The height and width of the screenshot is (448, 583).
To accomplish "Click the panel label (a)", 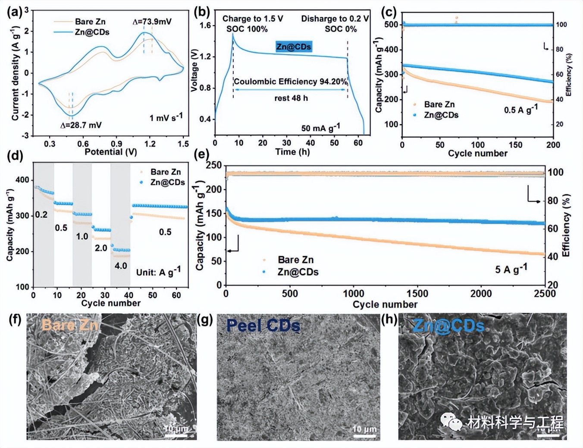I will tap(15, 12).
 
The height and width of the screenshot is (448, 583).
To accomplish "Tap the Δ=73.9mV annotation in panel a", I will tap(152, 22).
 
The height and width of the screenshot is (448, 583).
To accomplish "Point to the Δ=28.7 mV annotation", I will tap(81, 125).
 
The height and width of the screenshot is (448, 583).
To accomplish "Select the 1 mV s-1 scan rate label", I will tap(166, 117).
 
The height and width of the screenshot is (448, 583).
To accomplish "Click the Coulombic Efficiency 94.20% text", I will tap(290, 82).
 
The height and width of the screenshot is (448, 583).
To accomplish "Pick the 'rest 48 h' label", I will tap(291, 98).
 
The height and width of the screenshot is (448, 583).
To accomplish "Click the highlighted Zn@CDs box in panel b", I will tap(294, 47).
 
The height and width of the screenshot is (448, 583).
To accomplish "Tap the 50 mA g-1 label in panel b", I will tap(320, 128).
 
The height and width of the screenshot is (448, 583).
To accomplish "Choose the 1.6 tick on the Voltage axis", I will tap(205, 25).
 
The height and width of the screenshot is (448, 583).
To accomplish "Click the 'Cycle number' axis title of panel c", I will tap(477, 154).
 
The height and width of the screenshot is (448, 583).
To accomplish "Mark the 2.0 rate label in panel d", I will tap(101, 248).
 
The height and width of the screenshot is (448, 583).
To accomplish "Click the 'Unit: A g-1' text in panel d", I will tap(158, 272).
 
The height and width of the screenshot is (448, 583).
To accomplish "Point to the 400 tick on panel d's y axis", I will tap(22, 180).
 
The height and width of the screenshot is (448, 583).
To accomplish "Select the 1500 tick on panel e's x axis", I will tap(417, 294).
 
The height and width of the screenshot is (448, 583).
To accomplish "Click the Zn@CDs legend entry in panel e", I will tap(298, 272).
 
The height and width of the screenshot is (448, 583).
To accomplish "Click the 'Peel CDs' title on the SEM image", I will tap(263, 325).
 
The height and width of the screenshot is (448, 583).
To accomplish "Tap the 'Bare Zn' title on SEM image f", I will tap(70, 325).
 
